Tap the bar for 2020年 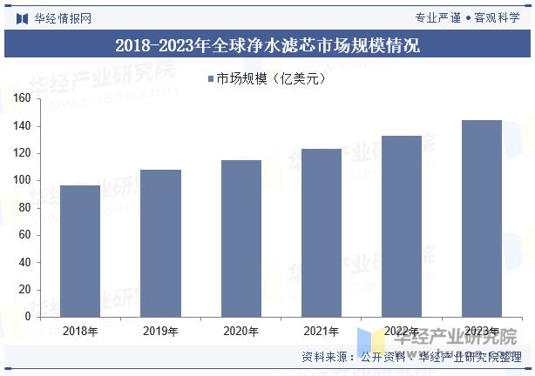click(x=240, y=238)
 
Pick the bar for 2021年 click(x=321, y=232)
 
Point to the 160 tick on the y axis click(x=22, y=99)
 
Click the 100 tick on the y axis click(x=22, y=180)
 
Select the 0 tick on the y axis click(x=27, y=317)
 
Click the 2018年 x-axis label click(x=80, y=331)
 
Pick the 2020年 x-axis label click(x=240, y=331)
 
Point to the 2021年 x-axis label click(x=321, y=331)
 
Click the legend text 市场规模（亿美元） click(x=270, y=79)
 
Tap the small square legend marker click(x=210, y=79)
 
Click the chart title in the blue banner click(x=267, y=45)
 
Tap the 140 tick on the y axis click(x=22, y=126)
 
